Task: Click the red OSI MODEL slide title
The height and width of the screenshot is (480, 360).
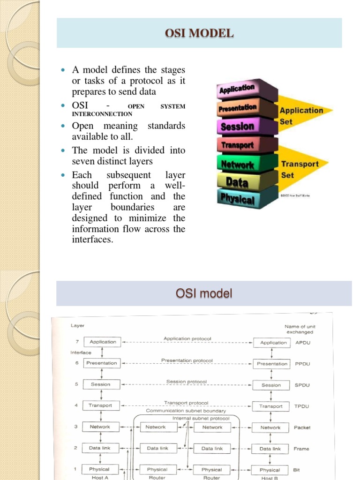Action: pos(199,33)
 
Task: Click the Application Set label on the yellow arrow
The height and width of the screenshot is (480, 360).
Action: pos(301,115)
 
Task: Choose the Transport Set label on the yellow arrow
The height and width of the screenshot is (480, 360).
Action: pos(300,169)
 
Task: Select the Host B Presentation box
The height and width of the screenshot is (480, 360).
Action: pos(272,364)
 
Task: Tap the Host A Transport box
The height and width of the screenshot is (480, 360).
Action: pos(100,405)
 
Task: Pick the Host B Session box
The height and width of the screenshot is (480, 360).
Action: pos(271,385)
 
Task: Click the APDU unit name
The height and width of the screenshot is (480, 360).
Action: pos(303,343)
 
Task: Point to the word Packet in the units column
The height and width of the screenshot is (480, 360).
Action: pos(302,427)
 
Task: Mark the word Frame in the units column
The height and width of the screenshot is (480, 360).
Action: pos(301,449)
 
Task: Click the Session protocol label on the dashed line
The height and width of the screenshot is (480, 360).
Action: pos(186,382)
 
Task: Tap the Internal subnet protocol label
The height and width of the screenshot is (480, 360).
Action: pos(201,418)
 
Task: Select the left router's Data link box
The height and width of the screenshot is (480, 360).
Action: pos(157,448)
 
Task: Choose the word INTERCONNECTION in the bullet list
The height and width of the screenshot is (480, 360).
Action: pos(102,114)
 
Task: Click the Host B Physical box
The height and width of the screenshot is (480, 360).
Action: pos(270,470)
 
